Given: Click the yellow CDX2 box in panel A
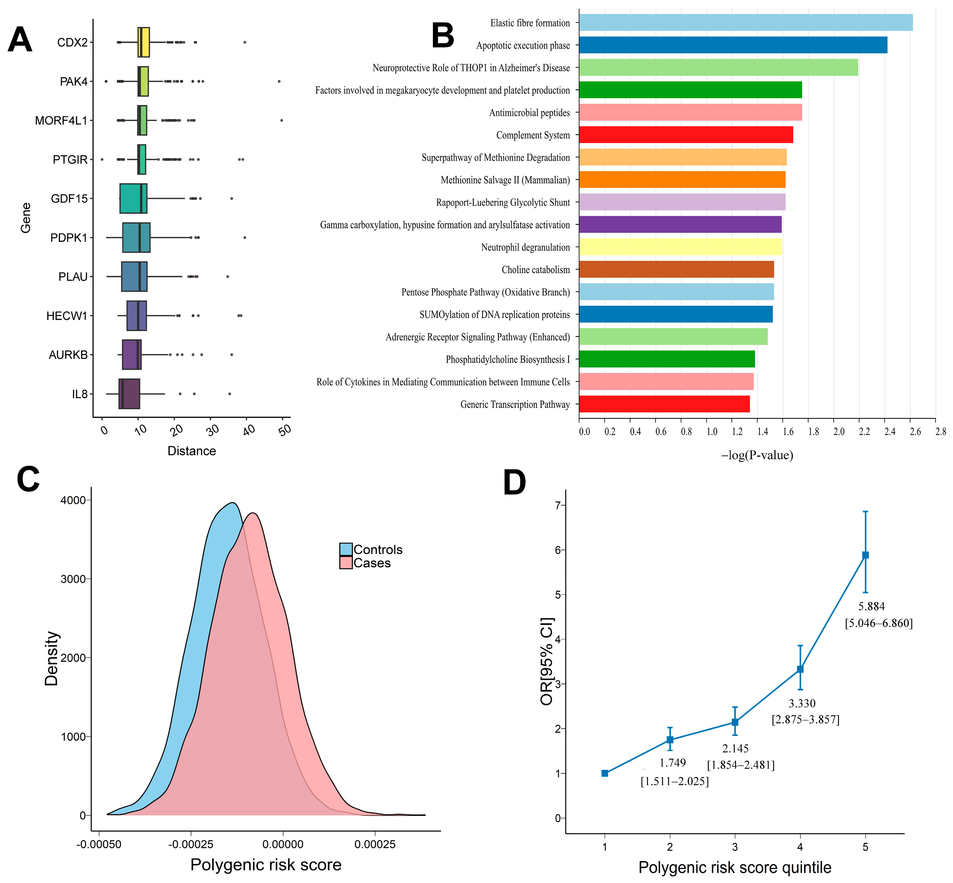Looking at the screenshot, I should [x=143, y=42].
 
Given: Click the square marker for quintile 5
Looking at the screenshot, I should [x=865, y=555].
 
